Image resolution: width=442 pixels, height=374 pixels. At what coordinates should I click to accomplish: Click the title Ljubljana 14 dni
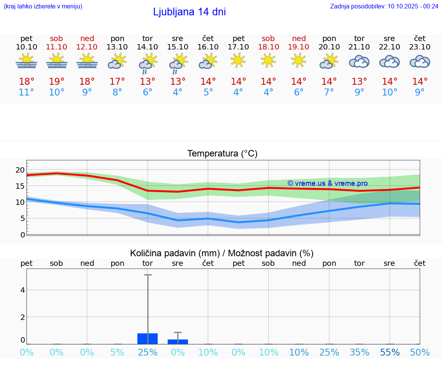189,12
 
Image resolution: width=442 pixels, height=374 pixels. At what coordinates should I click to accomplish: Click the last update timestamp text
384,6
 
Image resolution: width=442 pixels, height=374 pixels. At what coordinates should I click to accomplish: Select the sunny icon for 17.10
238,60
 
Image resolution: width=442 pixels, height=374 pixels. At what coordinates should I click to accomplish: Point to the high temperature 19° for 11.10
56,82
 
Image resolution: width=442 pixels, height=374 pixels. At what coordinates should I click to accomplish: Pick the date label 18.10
268,47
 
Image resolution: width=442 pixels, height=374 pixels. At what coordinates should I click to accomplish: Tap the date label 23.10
420,47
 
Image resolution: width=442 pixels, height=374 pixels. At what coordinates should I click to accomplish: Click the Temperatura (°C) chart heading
222,154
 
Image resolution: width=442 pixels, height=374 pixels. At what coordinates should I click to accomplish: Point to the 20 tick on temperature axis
20,170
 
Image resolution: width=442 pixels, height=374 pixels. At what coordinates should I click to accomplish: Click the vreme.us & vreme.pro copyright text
327,183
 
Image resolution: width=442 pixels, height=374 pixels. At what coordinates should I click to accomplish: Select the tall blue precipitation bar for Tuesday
147,339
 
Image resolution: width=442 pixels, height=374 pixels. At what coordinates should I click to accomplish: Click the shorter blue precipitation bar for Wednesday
178,342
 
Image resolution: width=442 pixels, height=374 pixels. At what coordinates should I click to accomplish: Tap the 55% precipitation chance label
389,353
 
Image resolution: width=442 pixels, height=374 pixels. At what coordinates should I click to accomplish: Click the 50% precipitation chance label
420,353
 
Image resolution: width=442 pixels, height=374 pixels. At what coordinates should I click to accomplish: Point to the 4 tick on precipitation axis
23,290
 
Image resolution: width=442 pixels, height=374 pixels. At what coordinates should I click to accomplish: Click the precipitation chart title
222,253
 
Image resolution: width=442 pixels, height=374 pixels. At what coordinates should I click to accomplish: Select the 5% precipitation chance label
117,353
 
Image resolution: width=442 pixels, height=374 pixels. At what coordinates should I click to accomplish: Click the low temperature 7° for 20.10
329,92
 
